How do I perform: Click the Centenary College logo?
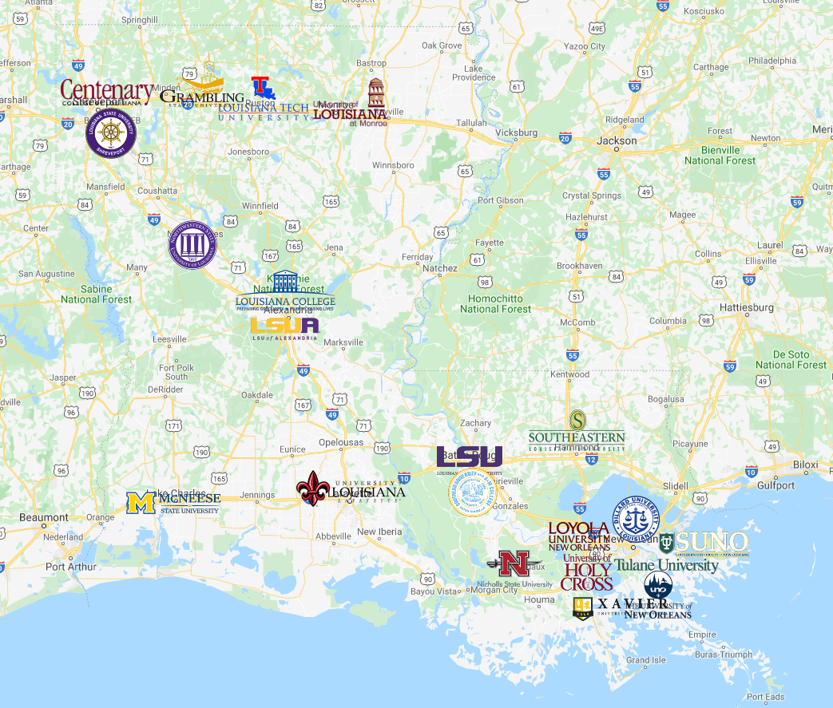click(106, 93)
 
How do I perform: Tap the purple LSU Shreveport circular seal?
click(111, 133)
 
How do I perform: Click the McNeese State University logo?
click(173, 503)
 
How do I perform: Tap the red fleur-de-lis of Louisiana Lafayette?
click(311, 488)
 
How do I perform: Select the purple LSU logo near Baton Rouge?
click(470, 457)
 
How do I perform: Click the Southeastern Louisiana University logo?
click(577, 432)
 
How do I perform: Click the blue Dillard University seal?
click(636, 520)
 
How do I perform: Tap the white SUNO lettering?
click(712, 543)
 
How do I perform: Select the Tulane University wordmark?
click(666, 565)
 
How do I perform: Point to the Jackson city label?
click(617, 140)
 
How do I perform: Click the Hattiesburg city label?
click(747, 307)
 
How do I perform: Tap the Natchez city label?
click(439, 269)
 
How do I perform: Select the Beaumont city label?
click(44, 517)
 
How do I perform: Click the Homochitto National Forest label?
click(495, 303)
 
